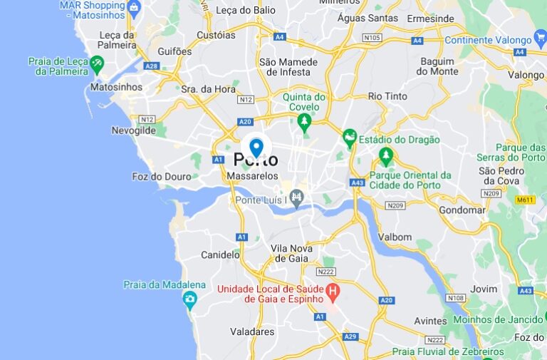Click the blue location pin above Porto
(256, 147)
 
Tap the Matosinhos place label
(117, 87)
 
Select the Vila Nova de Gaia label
(292, 252)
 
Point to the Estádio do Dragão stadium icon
(349, 135)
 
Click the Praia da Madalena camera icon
(189, 299)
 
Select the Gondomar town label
(462, 210)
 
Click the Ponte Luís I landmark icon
(297, 197)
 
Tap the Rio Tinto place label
(387, 96)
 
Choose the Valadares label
(252, 331)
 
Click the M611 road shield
(526, 200)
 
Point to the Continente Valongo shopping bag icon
(540, 40)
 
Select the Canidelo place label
(220, 254)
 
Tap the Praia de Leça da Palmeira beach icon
(97, 63)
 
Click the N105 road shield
(372, 37)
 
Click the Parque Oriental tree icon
(386, 154)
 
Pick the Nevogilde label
(134, 130)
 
